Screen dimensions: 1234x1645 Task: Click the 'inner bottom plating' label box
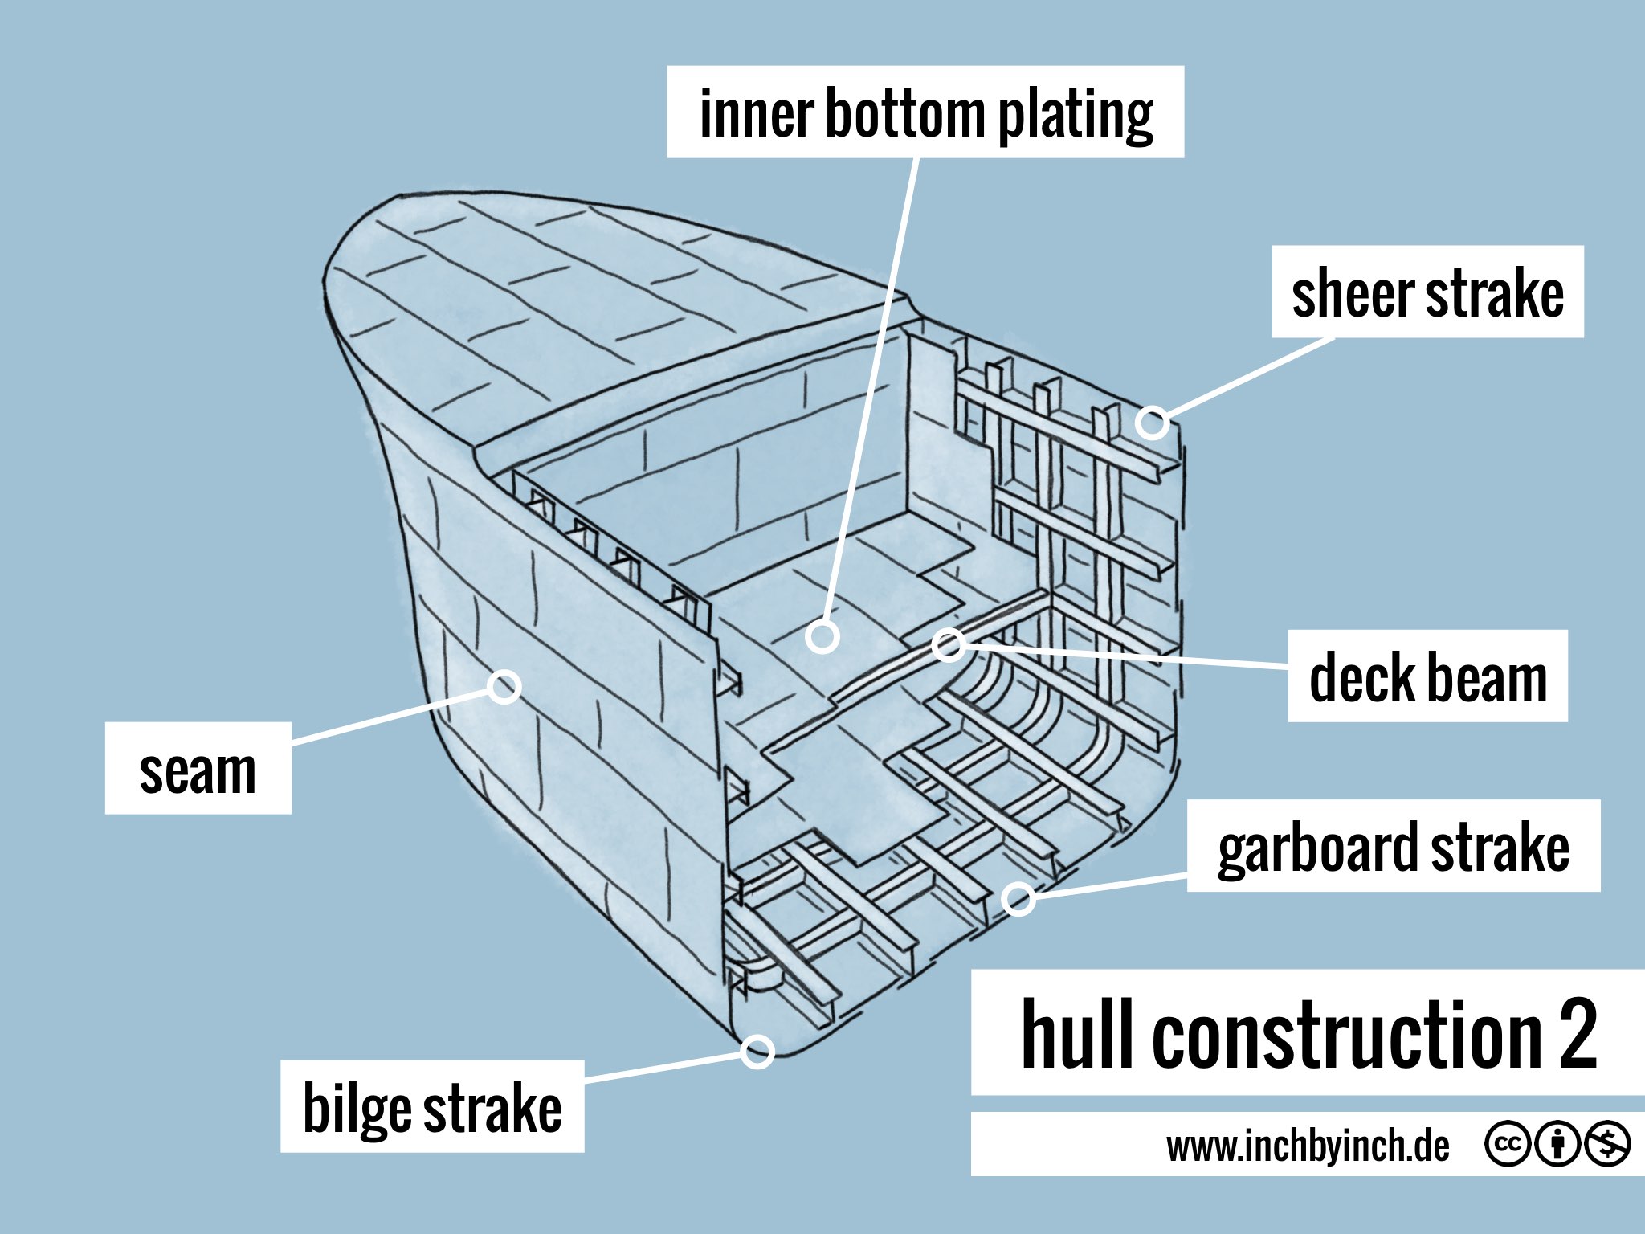925,112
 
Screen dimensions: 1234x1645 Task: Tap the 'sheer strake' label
1427,292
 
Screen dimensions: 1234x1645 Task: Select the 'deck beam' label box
1427,676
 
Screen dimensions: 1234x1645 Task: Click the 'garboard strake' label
1394,846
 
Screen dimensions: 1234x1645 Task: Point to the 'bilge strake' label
432,1106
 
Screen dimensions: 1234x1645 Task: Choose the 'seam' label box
198,769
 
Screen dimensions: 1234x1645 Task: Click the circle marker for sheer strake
1153,422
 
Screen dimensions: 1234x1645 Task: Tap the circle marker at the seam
504,686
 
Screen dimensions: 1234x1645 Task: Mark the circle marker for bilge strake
757,1051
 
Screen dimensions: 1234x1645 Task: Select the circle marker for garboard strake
1018,898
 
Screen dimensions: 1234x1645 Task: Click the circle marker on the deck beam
949,644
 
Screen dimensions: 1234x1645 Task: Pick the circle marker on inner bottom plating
822,636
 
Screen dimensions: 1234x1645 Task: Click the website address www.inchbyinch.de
1308,1146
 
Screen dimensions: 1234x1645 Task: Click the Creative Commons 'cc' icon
1508,1144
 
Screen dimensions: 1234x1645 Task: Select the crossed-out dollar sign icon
1607,1144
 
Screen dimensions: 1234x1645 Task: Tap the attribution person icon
1557,1144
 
